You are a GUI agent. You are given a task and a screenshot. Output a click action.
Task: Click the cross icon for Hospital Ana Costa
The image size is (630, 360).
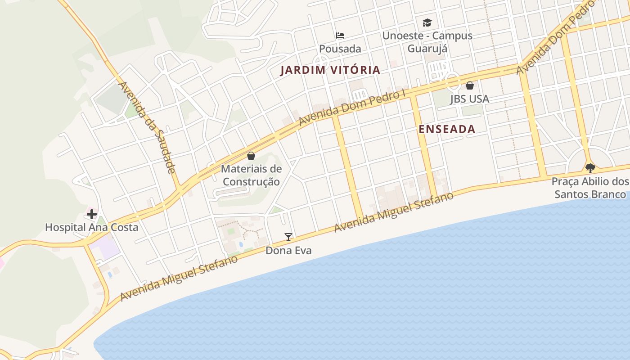tap(92, 214)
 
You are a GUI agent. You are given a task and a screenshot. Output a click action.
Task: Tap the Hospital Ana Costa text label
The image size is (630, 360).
tap(92, 227)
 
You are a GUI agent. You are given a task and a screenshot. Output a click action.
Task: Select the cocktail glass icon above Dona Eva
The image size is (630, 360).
tap(288, 237)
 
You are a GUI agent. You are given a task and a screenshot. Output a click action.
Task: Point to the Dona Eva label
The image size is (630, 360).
tap(288, 250)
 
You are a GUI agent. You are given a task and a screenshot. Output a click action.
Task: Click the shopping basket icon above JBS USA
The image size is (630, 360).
tap(470, 85)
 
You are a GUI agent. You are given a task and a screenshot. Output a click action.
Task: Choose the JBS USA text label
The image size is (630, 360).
tap(470, 99)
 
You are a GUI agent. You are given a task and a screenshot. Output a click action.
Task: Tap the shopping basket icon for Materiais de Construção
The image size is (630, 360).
tap(251, 156)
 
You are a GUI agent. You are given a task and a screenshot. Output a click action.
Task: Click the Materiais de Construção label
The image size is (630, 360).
tap(252, 175)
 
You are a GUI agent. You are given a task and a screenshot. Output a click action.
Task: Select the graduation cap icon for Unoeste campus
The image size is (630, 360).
tap(427, 22)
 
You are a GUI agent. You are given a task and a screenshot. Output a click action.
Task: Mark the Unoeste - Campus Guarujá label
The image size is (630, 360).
tap(427, 42)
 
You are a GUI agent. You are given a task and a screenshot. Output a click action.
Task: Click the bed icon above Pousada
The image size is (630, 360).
tap(340, 35)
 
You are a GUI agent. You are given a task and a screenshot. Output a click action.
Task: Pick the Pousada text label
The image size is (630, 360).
tap(340, 49)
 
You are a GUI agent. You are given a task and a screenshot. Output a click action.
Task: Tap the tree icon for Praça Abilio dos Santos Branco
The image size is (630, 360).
tap(590, 168)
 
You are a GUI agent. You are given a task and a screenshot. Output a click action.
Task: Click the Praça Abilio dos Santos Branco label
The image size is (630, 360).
tap(590, 188)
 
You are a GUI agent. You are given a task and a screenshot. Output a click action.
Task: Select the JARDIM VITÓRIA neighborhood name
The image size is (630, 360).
tap(330, 70)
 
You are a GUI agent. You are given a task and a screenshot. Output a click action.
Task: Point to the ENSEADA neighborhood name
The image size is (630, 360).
tap(447, 129)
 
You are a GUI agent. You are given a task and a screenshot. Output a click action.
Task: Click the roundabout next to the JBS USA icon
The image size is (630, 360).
tap(453, 82)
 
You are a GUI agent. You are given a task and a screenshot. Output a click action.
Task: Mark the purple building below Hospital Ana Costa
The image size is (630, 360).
tap(104, 248)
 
